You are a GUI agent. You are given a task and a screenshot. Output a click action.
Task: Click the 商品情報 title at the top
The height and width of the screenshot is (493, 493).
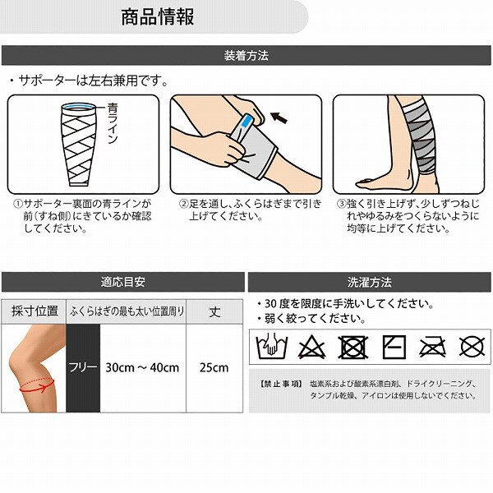(158, 17)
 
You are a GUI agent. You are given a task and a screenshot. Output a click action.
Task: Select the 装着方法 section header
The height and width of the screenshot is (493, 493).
(246, 56)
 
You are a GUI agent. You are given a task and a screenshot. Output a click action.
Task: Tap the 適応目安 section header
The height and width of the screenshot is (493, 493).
(123, 282)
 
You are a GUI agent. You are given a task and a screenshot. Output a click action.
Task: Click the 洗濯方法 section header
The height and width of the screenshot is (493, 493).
(370, 283)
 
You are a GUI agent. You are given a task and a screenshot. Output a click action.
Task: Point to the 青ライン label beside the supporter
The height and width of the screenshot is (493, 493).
(113, 123)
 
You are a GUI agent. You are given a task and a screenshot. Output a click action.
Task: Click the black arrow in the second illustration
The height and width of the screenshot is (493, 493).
(279, 117)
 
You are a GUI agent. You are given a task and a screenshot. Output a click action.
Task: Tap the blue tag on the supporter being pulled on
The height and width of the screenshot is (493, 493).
(246, 121)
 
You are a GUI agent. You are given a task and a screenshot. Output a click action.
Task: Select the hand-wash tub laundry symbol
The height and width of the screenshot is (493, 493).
(272, 346)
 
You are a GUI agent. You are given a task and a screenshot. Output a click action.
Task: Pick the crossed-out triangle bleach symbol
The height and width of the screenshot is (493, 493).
(311, 347)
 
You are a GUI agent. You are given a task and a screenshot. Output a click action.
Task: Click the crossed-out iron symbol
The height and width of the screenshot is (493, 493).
(433, 347)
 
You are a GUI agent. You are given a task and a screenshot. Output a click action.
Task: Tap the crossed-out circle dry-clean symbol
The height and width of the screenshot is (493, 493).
(472, 347)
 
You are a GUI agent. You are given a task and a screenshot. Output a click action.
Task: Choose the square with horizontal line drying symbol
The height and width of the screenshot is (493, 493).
(394, 347)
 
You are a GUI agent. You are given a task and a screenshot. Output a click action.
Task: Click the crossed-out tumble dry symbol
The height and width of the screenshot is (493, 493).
(352, 347)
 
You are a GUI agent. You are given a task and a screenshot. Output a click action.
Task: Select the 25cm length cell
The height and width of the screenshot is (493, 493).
(214, 368)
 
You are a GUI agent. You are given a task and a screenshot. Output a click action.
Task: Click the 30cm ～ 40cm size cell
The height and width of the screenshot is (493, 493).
(143, 368)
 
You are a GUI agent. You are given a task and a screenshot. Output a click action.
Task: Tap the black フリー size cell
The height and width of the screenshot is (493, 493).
(83, 368)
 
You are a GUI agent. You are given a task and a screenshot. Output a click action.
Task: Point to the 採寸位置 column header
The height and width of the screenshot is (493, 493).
(35, 311)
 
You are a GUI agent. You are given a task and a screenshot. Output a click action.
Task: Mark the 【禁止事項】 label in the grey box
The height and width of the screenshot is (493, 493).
(281, 384)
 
